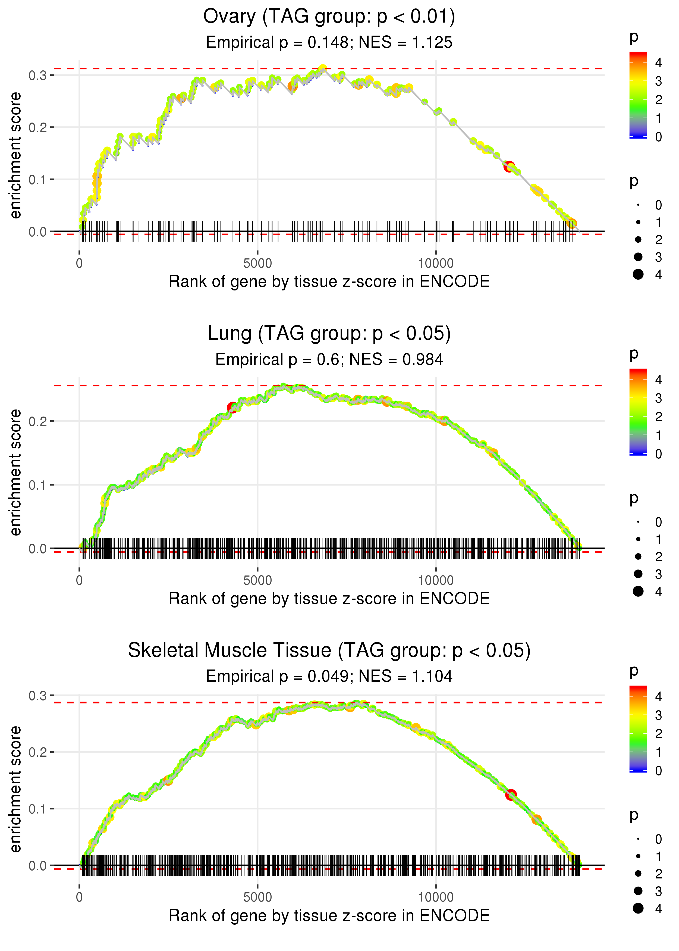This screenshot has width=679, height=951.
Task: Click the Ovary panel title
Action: pos(329,17)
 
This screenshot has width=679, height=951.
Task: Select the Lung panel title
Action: pos(329,334)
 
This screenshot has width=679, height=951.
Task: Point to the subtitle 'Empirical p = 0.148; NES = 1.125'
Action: pos(329,43)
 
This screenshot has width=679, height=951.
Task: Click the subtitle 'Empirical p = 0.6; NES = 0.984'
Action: pos(329,360)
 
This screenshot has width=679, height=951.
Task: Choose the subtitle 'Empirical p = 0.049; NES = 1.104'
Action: pos(329,676)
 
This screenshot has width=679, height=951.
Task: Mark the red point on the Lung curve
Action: pos(232,407)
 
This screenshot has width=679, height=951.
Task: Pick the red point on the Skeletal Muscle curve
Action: pos(511,794)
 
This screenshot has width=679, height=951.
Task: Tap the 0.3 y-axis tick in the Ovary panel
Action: pos(37,75)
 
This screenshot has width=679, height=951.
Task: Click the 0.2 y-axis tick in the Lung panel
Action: pos(37,421)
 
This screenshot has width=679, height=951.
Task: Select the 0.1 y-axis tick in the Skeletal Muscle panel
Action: pos(37,809)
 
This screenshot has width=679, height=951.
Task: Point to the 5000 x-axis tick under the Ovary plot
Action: pos(257,264)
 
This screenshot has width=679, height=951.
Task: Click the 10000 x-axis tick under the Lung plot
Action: pos(436,580)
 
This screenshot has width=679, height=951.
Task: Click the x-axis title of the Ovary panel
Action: pos(329,281)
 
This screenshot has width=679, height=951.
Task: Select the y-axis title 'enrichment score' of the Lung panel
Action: pos(16,472)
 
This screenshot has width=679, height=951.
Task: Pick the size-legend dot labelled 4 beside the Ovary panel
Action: pos(638,274)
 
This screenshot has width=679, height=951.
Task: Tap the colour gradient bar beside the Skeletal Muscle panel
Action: pos(638,728)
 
